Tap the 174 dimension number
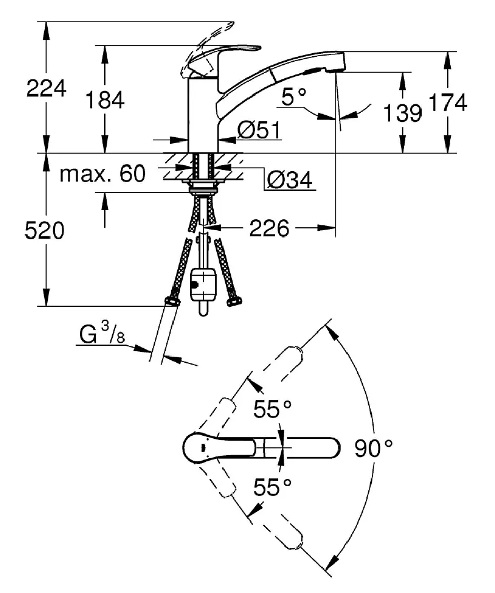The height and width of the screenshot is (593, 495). click(448, 104)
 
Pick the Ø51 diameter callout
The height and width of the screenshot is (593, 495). click(259, 132)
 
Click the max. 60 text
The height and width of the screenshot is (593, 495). click(103, 175)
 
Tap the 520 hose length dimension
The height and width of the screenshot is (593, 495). click(45, 231)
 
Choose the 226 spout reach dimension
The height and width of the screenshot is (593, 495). click(269, 229)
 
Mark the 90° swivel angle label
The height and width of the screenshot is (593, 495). click(374, 449)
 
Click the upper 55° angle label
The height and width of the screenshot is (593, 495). click(273, 410)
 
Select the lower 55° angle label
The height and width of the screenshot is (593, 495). click(273, 488)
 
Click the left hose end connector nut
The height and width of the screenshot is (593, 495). click(172, 301)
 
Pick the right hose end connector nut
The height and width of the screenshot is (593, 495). click(234, 301)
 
